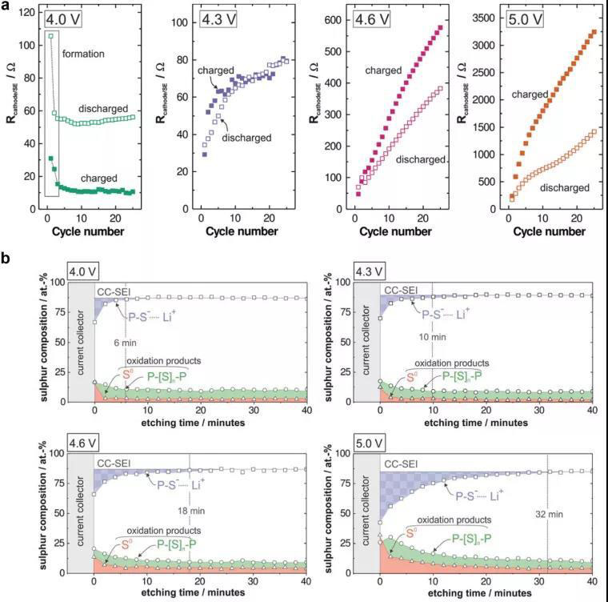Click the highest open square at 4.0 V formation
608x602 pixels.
tap(51, 36)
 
